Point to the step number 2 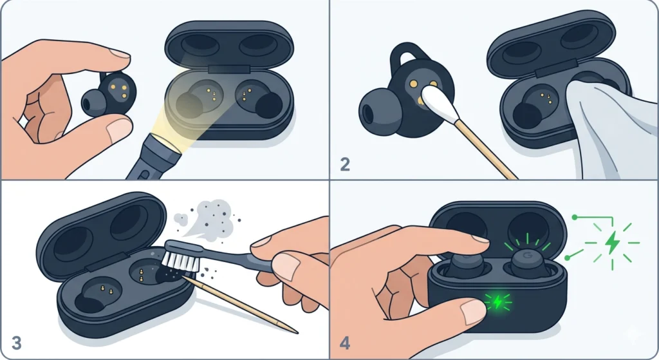pos(345,165)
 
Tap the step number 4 pos(346,343)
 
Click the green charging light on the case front pos(496,301)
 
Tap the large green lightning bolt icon pos(611,243)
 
